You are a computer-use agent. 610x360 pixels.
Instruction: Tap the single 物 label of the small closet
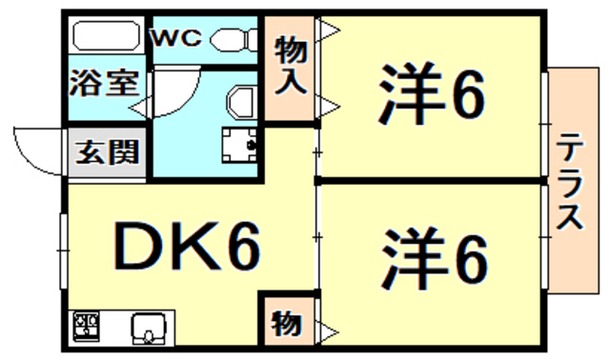pyautogui.click(x=287, y=323)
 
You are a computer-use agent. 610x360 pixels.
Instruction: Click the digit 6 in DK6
pyautogui.click(x=242, y=248)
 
